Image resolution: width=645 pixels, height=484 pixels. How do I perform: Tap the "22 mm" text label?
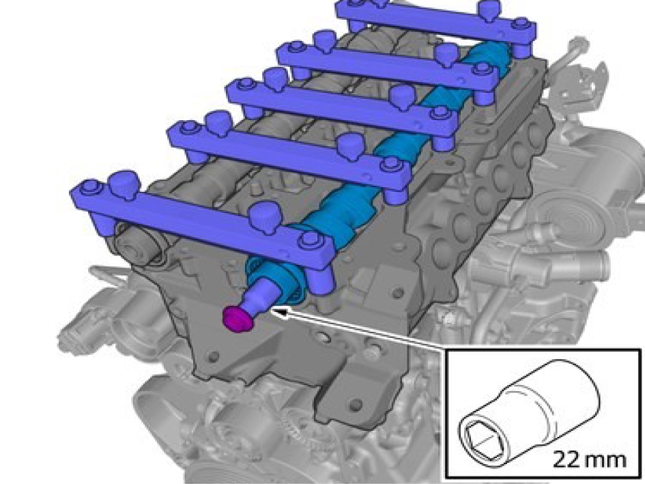pyautogui.click(x=588, y=459)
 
